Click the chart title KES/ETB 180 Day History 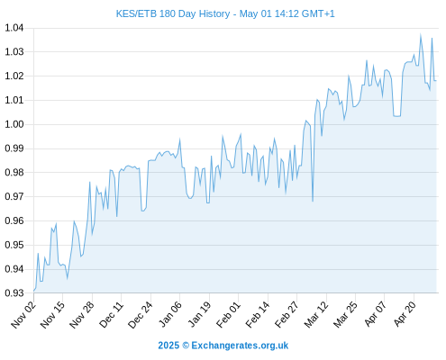173,13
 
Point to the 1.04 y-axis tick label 14,28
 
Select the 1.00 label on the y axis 14,124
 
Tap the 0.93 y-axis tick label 14,292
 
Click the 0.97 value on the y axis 14,196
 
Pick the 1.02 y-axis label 14,76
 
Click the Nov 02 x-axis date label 23,315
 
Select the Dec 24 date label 141,315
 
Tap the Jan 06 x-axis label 170,315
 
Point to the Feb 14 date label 258,315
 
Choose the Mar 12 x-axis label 316,315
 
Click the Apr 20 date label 405,314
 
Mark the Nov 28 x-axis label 82,315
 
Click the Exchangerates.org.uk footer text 240,346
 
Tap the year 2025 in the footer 168,346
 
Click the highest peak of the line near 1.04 421,35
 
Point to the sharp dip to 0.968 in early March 313,201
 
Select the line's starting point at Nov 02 34,291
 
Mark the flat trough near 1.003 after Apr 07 396,116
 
